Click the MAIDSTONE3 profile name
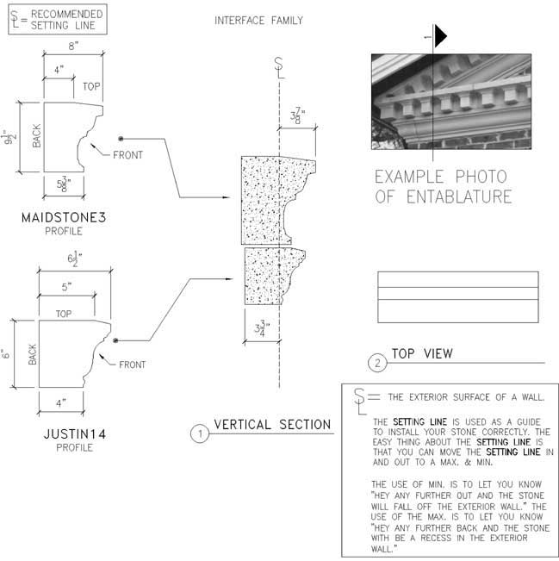tap(64, 217)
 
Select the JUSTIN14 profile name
tap(75, 434)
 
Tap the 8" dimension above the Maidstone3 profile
tap(73, 46)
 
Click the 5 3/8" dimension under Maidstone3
tap(64, 184)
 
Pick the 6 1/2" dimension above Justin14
tap(75, 259)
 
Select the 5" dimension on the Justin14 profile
tap(66, 287)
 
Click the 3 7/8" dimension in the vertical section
tap(297, 115)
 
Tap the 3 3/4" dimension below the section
tap(262, 328)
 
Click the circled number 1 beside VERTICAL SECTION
tap(200, 433)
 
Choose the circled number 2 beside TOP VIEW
tap(377, 364)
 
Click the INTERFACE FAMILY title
tap(258, 21)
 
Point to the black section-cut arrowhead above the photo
tap(440, 36)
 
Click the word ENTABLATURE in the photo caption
tap(459, 196)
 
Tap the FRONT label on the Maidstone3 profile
tap(127, 155)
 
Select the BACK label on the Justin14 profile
tap(33, 354)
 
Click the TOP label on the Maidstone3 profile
tap(91, 86)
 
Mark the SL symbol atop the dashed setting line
tap(279, 68)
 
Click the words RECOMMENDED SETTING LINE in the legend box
tap(67, 20)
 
